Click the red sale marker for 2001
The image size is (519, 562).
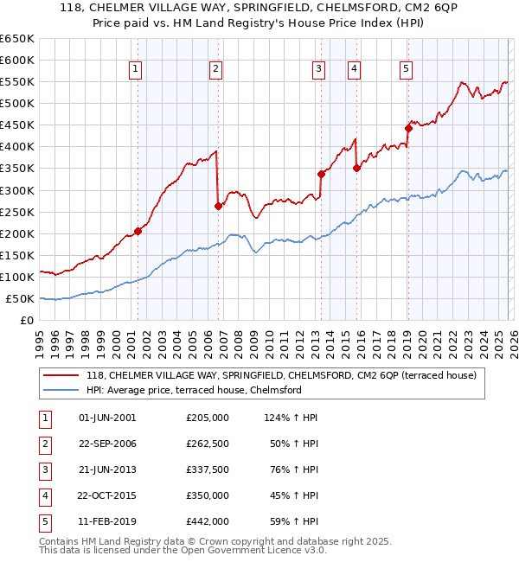[x=138, y=232]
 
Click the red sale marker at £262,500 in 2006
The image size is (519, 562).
[x=218, y=206]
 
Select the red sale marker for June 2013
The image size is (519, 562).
[x=321, y=174]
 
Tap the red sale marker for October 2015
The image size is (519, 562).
[x=356, y=169]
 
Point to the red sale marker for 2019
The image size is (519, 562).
[x=407, y=128]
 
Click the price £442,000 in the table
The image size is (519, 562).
[x=208, y=521]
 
